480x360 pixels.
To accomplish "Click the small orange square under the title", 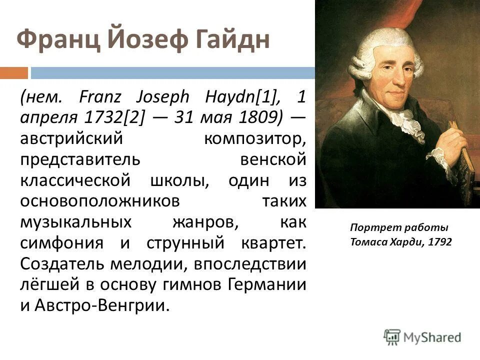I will point(13,73).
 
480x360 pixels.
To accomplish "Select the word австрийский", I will point(70,137).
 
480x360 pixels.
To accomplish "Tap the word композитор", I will point(254,137).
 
